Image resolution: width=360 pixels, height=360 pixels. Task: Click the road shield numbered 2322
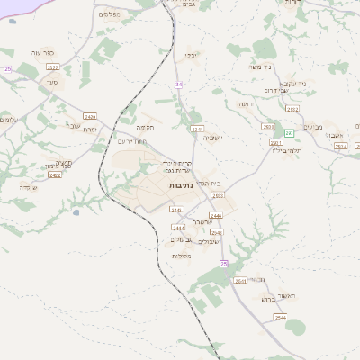(x=52, y=67)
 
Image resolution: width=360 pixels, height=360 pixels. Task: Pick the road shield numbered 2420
(x=90, y=116)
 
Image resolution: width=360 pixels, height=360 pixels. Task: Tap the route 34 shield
(x=178, y=84)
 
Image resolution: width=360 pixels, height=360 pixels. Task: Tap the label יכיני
(x=192, y=55)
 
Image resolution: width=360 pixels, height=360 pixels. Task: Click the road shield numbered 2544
(x=280, y=318)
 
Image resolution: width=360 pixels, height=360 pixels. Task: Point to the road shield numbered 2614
(x=339, y=147)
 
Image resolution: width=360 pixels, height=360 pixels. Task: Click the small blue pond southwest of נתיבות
(x=76, y=212)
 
